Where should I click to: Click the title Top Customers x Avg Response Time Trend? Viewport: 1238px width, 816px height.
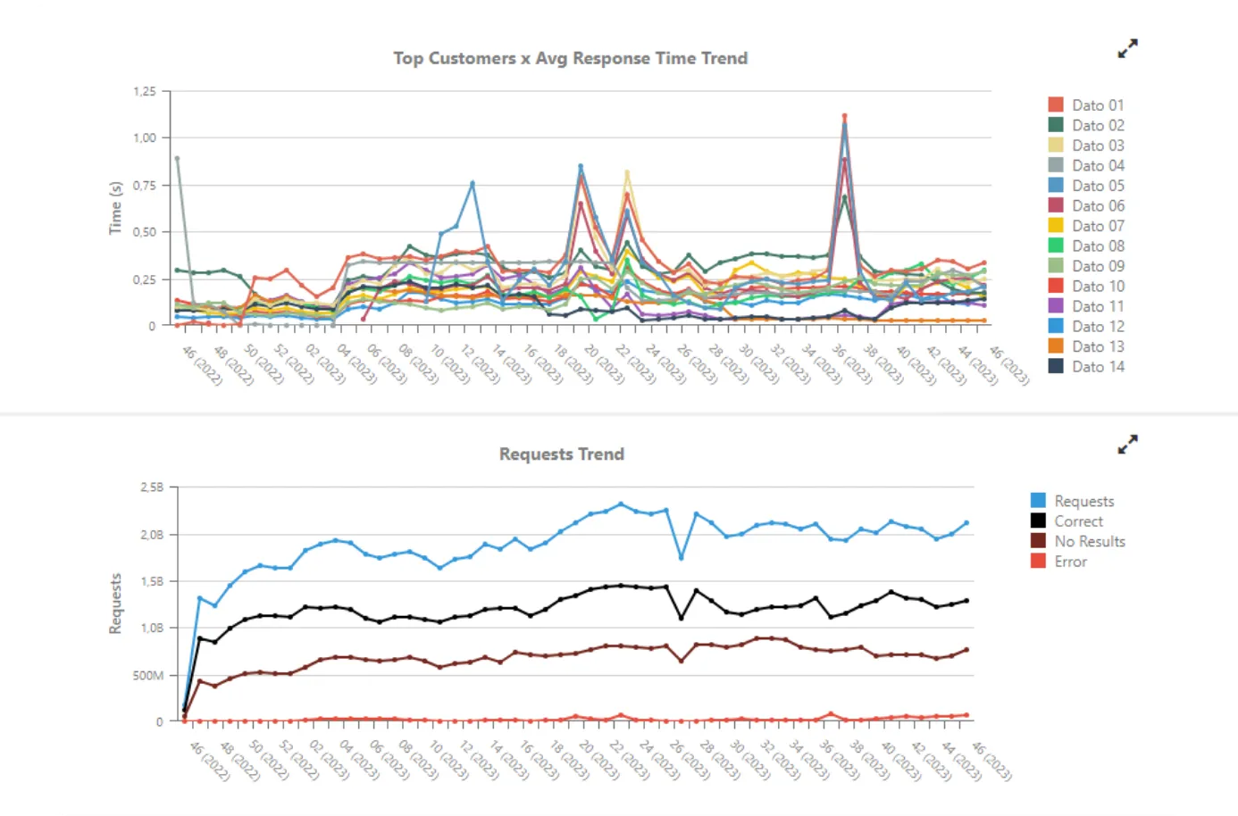[x=570, y=59]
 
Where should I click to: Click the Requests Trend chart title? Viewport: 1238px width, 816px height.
[x=561, y=454]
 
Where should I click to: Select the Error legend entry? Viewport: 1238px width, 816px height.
[x=1069, y=562]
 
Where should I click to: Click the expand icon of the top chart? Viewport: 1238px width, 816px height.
[x=1128, y=48]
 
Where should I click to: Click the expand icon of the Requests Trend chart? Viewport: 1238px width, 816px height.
[x=1128, y=444]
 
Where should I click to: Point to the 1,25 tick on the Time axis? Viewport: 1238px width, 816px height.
[x=145, y=92]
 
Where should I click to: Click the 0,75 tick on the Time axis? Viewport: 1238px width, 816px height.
[x=145, y=186]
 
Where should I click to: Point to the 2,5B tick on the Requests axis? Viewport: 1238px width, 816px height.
[x=152, y=487]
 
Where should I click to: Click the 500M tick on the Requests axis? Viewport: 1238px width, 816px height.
[x=148, y=676]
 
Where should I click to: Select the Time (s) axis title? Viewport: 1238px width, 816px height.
[x=115, y=208]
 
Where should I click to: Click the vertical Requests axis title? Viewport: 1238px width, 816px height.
[x=115, y=604]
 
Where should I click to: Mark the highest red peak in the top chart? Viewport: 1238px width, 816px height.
[x=844, y=116]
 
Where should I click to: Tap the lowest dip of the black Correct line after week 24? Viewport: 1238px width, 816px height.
[x=681, y=618]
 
